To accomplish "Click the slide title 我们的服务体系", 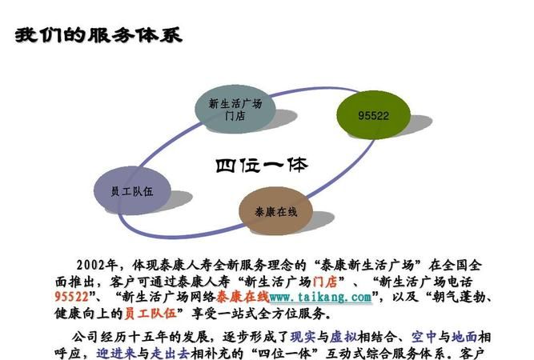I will (98, 35).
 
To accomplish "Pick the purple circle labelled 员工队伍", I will (132, 192).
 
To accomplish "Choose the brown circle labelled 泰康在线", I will (276, 211).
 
